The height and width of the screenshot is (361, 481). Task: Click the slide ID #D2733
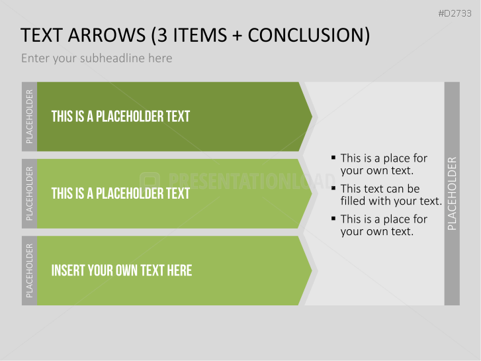click(455, 13)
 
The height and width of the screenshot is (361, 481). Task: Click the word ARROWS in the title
click(107, 35)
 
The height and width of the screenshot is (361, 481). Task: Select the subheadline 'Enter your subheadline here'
click(97, 58)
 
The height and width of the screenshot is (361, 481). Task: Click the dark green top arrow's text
click(120, 117)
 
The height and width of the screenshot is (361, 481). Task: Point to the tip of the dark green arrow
click(312, 117)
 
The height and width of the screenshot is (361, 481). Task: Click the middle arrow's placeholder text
click(120, 193)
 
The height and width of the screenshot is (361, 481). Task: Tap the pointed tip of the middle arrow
click(312, 193)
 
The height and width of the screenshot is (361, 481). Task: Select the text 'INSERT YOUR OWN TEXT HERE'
click(122, 271)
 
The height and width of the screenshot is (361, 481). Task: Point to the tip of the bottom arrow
click(312, 271)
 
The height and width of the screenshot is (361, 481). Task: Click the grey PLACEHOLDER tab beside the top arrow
click(30, 117)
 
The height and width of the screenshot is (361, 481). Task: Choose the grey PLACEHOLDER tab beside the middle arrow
click(30, 193)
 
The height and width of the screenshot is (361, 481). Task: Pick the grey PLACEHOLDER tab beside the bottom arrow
click(30, 271)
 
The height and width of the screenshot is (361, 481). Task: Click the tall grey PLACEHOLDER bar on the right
click(452, 193)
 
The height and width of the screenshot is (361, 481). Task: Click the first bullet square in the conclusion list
click(333, 158)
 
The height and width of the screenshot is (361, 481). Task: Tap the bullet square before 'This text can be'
click(333, 188)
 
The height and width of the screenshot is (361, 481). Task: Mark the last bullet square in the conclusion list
click(333, 219)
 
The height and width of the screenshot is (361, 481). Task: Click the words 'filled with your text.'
click(391, 201)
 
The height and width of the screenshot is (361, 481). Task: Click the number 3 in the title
click(163, 35)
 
